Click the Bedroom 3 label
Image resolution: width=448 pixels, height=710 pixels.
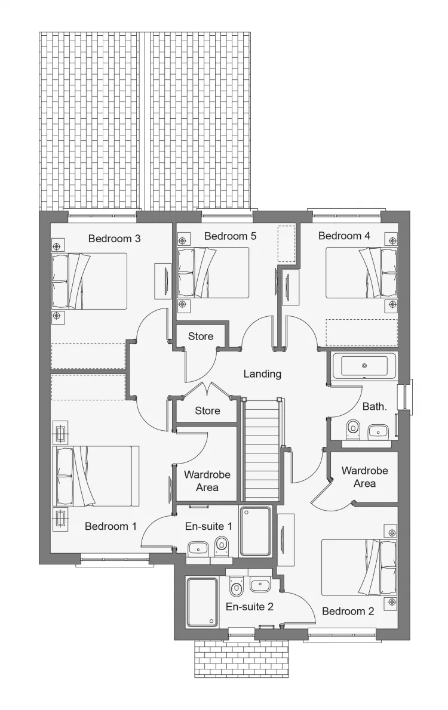coord(114,239)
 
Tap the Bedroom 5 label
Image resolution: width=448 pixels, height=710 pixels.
coord(230,236)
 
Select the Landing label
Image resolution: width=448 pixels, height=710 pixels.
coord(262,374)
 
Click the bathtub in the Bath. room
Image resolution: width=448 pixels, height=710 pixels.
coord(364,366)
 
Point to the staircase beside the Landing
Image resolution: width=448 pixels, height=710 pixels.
coord(261,448)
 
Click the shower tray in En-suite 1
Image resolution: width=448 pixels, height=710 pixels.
coord(256,531)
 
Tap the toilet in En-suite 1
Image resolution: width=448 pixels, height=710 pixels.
coord(222,547)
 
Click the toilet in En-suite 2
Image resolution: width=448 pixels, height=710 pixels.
coord(237,586)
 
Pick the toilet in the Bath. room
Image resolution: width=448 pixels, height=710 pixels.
coord(352,429)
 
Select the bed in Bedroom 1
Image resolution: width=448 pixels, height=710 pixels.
coord(96,476)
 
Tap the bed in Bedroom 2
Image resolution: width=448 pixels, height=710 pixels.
coord(359,567)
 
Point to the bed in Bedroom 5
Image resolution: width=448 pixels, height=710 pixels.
coord(213,272)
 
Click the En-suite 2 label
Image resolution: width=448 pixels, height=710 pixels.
coord(250,607)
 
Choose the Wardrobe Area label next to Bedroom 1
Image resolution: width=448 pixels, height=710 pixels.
coord(207,481)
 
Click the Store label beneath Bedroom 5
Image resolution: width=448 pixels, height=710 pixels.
coord(201,337)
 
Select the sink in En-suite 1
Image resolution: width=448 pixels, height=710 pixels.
coord(198,549)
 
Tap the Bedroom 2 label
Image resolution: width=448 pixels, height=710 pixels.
coord(348,612)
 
